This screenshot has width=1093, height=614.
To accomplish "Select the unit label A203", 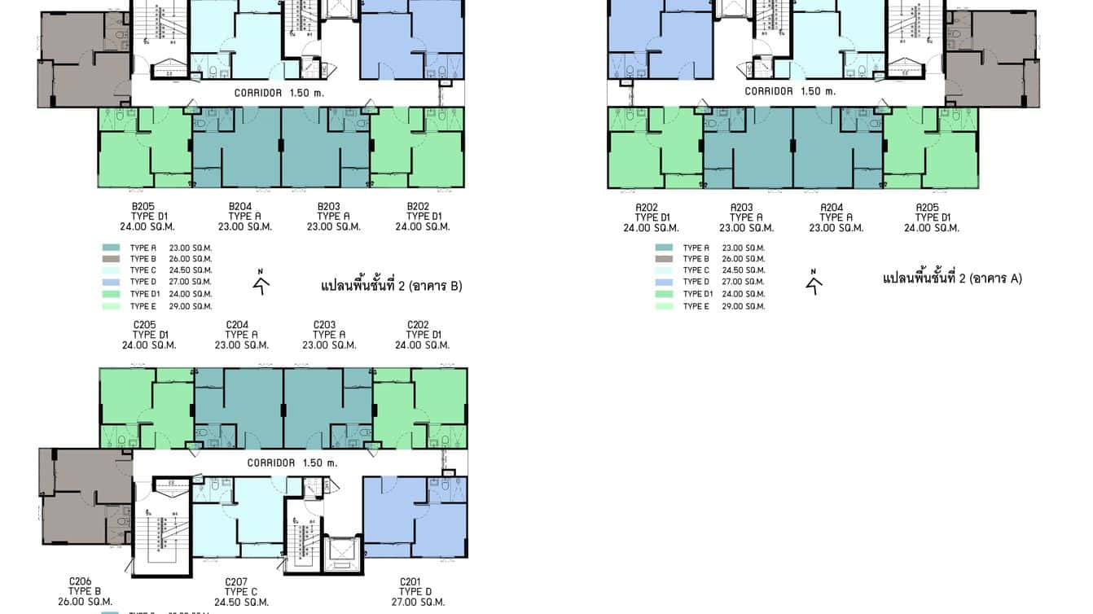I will [x=741, y=208].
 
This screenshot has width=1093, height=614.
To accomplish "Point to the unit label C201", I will [x=410, y=581].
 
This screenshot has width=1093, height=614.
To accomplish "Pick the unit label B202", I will [x=418, y=206].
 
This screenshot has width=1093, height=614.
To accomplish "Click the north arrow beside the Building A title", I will [x=814, y=281].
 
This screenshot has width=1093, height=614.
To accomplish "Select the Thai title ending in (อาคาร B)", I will [x=391, y=286].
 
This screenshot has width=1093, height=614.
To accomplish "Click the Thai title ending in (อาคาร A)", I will [x=952, y=278].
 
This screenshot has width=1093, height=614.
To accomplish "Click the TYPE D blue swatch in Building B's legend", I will [x=112, y=282].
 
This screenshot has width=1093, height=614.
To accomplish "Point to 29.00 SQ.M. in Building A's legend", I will [x=743, y=306].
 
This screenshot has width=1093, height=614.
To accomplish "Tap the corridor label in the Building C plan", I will [x=292, y=463].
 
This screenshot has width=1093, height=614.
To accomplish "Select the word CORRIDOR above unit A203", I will [x=770, y=91].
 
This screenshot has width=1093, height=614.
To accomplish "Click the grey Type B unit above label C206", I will [x=81, y=497].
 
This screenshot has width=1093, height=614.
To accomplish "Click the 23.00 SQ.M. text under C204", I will [x=241, y=345].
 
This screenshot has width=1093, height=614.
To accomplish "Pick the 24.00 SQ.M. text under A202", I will [x=651, y=228].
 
